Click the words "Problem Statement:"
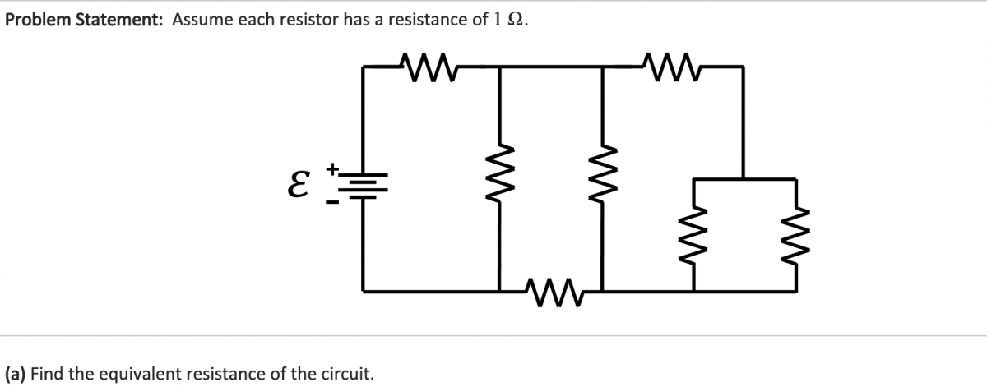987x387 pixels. [84, 20]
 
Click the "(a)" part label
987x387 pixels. [16, 374]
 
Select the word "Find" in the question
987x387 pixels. [48, 374]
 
